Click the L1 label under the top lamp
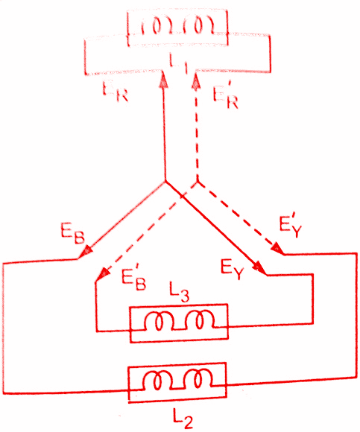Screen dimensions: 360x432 [x=179, y=64]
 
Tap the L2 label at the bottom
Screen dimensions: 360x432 [x=183, y=419]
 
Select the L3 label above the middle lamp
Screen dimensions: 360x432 [x=179, y=293]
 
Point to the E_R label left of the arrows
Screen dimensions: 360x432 [x=116, y=92]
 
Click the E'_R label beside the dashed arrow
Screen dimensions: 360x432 [x=226, y=96]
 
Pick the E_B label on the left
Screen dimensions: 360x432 [x=72, y=233]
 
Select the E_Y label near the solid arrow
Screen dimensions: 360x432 [x=233, y=270]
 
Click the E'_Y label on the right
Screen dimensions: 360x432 [x=290, y=227]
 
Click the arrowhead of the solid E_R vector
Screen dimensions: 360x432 [x=164, y=79]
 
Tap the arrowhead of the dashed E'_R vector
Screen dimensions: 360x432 [x=196, y=80]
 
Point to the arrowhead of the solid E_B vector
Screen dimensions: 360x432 [x=86, y=250]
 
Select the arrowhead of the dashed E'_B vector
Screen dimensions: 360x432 [x=103, y=273]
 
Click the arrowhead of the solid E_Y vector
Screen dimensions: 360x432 [x=259, y=268]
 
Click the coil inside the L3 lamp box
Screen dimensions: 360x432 [x=179, y=320]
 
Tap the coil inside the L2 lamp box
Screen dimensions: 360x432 [x=177, y=380]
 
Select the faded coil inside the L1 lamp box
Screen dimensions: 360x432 [x=177, y=27]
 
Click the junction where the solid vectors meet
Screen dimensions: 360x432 [x=165, y=181]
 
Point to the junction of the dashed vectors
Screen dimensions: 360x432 [x=198, y=182]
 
